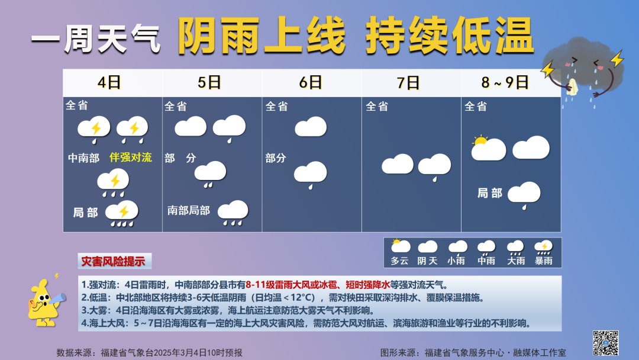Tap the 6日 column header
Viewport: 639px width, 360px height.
pos(311,83)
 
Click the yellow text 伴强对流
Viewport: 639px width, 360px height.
pos(131,157)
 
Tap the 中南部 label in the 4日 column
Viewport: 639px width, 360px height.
pos(83,158)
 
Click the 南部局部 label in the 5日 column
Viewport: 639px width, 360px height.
pos(189,210)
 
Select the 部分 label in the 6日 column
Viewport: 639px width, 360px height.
pos(276,158)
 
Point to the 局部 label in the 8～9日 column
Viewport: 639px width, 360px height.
pos(490,193)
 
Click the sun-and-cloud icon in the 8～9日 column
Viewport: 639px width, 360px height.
pos(488,149)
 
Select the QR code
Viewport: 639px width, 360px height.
pos(605,343)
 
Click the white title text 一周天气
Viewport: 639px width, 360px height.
pos(96,41)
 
